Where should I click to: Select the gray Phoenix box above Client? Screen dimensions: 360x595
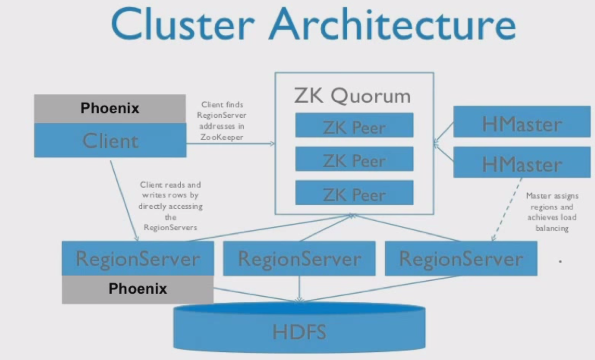pyautogui.click(x=110, y=108)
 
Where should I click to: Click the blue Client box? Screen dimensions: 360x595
pyautogui.click(x=110, y=141)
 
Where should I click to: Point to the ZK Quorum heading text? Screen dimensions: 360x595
pyautogui.click(x=352, y=96)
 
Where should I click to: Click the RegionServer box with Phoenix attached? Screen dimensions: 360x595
pyautogui.click(x=137, y=258)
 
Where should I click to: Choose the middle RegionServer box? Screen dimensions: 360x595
pyautogui.click(x=299, y=258)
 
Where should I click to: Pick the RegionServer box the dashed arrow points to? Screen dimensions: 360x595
pyautogui.click(x=460, y=258)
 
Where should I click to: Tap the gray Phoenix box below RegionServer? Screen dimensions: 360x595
pyautogui.click(x=137, y=289)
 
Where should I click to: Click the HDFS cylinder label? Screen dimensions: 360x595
pyautogui.click(x=299, y=332)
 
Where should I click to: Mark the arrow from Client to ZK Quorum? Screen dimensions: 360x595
pyautogui.click(x=230, y=144)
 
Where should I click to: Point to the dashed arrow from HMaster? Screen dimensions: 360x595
pyautogui.click(x=507, y=208)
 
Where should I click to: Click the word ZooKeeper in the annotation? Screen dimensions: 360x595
pyautogui.click(x=222, y=137)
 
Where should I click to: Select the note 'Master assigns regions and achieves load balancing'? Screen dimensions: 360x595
pyautogui.click(x=551, y=212)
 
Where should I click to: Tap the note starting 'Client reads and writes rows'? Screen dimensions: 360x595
pyautogui.click(x=170, y=206)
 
